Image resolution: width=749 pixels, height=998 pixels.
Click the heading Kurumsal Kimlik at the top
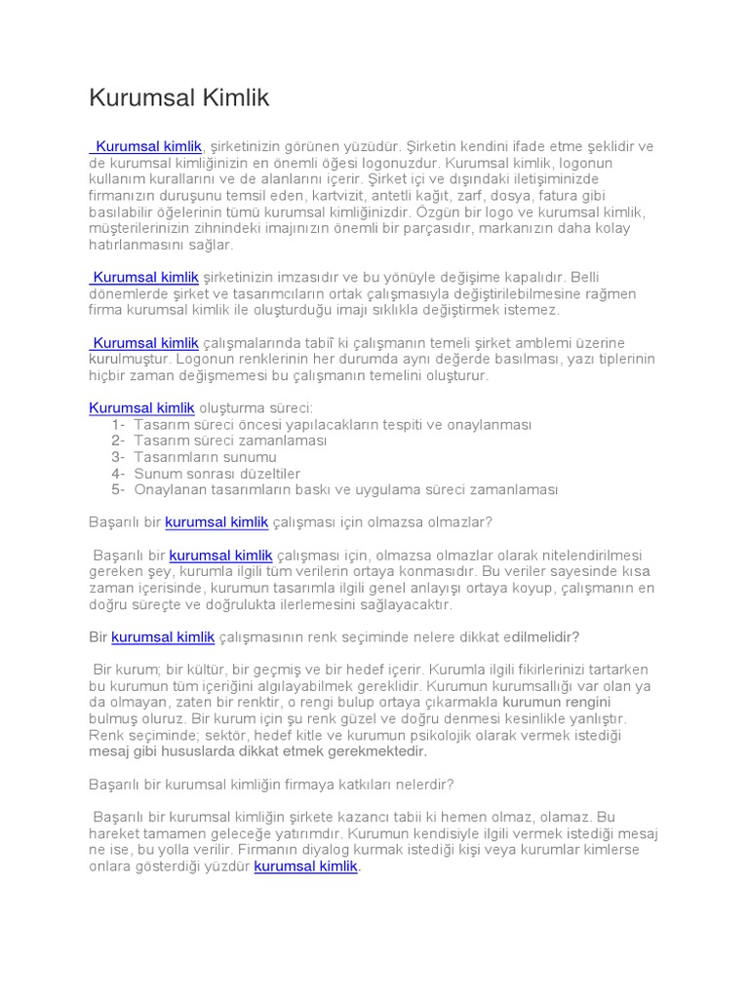click(178, 98)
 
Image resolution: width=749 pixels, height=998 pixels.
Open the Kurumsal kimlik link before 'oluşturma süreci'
click(142, 407)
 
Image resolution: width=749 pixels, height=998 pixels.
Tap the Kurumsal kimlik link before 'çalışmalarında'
click(146, 342)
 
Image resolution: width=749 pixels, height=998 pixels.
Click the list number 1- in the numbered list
click(118, 424)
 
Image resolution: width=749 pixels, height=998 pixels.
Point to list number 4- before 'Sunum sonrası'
click(118, 473)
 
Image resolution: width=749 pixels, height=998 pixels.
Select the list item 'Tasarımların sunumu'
click(205, 456)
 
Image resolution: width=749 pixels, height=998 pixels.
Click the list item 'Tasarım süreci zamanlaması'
click(230, 441)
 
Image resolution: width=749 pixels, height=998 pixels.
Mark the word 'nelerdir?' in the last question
click(423, 784)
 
